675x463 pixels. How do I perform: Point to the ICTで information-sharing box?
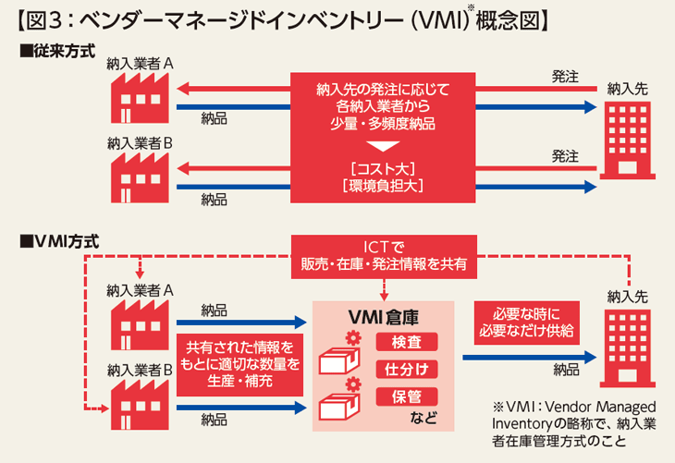pyautogui.click(x=384, y=254)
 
